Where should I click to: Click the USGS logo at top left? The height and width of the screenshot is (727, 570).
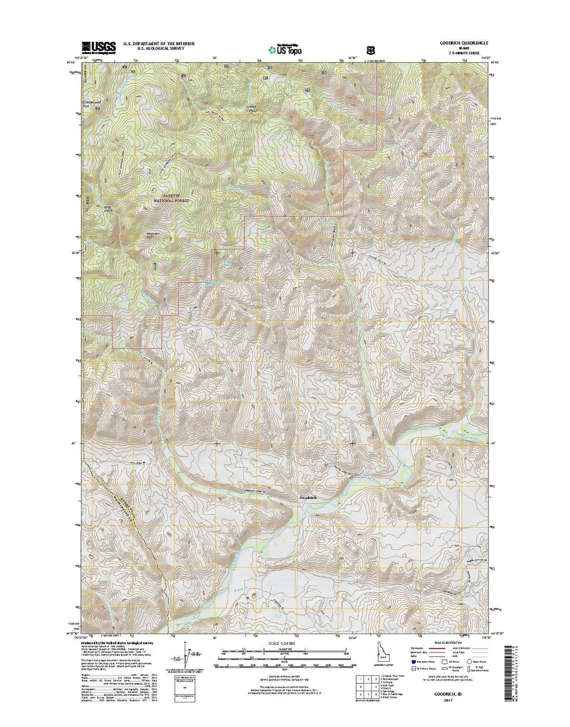tap(98, 47)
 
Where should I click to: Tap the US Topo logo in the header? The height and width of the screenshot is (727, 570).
tap(285, 49)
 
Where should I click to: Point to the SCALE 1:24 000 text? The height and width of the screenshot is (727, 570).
tap(285, 643)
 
